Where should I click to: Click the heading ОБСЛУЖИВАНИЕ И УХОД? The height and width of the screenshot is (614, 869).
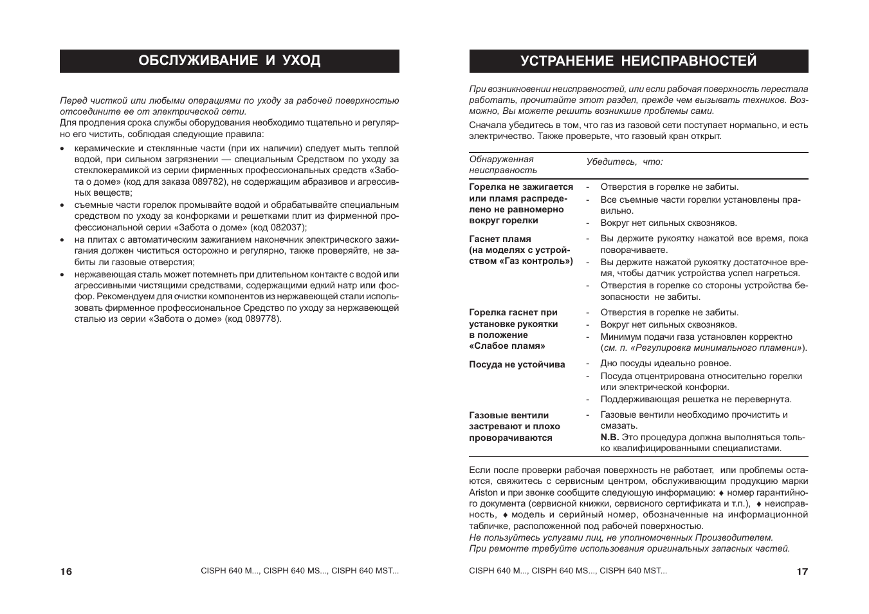click(x=229, y=61)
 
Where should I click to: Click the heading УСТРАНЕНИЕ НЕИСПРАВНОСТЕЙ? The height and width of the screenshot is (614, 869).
click(x=638, y=61)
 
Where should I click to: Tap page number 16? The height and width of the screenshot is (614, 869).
click(x=66, y=572)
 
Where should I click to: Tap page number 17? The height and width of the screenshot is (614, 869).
click(x=801, y=572)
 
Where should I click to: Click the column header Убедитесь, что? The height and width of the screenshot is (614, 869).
click(x=624, y=162)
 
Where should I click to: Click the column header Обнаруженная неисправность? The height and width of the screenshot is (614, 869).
click(x=502, y=165)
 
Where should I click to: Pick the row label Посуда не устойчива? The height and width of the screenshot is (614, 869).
click(x=517, y=365)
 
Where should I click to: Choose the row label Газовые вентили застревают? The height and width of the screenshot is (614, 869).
click(x=514, y=426)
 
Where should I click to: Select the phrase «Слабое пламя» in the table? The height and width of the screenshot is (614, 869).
click(x=507, y=346)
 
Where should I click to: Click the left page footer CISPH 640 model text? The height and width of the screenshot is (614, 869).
click(x=300, y=571)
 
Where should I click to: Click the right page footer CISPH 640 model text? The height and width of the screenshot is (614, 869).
click(x=568, y=571)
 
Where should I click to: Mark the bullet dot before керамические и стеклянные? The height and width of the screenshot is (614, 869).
click(x=62, y=149)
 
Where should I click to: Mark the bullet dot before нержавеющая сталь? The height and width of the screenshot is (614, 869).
click(x=62, y=275)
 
